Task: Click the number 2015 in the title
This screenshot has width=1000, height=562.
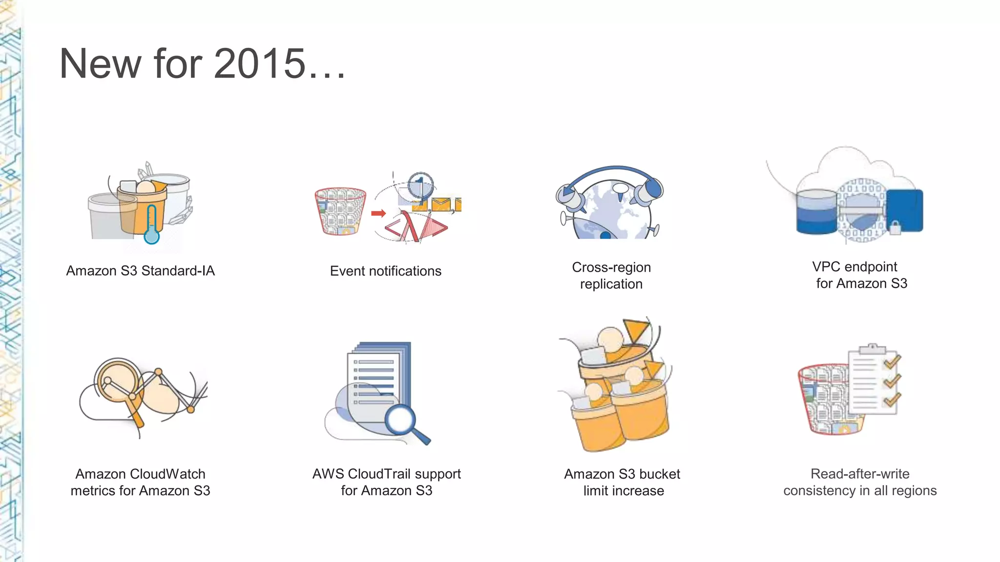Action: coord(259,63)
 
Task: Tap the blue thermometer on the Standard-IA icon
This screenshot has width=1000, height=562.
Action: coord(152,229)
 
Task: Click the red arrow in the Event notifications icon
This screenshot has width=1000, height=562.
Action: coord(378,213)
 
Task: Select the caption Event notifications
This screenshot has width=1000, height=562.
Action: coord(385,271)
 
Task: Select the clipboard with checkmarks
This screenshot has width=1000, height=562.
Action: coord(874,381)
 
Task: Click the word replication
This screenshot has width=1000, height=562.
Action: coord(611,284)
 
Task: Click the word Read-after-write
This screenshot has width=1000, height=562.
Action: coord(860,474)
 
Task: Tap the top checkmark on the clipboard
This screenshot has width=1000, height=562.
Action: coord(892,361)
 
